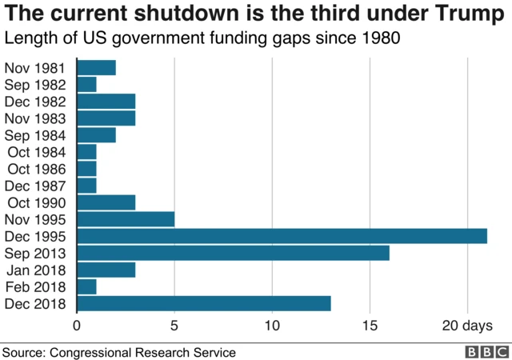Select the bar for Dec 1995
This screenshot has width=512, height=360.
[x=282, y=236]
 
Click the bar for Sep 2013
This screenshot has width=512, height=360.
[x=233, y=253]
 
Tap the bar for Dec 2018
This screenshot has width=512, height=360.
[x=203, y=303]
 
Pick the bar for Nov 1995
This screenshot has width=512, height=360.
[x=126, y=219]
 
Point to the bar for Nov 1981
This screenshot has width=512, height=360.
[x=96, y=67]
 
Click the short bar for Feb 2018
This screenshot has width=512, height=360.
[x=86, y=286]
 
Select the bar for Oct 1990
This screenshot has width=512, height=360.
[x=106, y=202]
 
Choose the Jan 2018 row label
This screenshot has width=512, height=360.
[x=40, y=270]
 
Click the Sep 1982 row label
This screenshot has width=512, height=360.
[x=40, y=84]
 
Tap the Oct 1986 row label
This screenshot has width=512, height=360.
[x=40, y=169]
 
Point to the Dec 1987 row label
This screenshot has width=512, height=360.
[x=40, y=186]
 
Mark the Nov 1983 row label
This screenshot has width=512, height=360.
[x=40, y=118]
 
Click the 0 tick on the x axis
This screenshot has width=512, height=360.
[x=77, y=326]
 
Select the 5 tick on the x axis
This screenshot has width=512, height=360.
[x=174, y=326]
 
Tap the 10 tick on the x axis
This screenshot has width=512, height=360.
[x=272, y=326]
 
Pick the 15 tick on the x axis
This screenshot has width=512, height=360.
[x=370, y=326]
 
